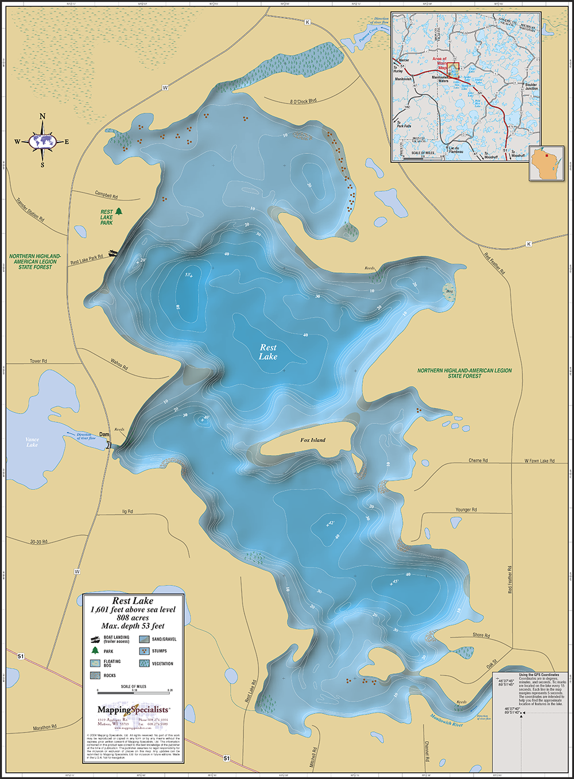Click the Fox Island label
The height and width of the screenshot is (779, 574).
pos(313,440)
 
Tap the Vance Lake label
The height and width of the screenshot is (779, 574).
pos(32,442)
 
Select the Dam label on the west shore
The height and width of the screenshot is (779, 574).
pos(104,435)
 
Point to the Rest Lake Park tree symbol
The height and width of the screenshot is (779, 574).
pos(119,211)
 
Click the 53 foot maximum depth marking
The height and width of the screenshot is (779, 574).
pos(188,275)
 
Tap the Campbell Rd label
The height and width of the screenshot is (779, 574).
pos(106,196)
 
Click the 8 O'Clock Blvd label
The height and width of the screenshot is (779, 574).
pos(304,101)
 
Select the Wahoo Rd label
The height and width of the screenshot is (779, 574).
pos(119,364)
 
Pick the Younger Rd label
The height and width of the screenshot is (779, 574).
pos(466,510)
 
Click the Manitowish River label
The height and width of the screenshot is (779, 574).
pos(447,721)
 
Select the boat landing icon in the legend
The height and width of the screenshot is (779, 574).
pos(95,639)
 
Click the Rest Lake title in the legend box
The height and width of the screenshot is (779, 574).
pos(133,601)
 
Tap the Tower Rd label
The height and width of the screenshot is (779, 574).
pos(38,361)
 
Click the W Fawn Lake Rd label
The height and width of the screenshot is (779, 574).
pos(539,461)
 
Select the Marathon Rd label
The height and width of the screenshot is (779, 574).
pos(45,727)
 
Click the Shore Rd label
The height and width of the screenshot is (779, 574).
pos(481,635)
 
